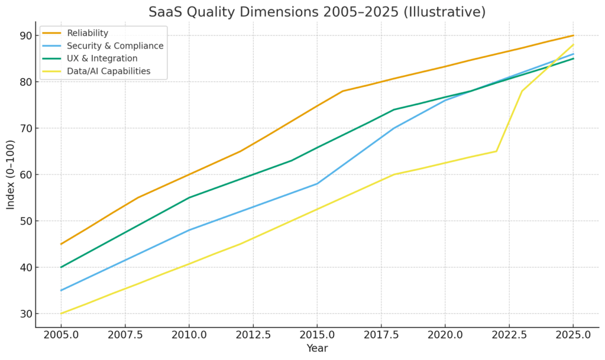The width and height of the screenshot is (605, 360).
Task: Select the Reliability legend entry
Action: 88,33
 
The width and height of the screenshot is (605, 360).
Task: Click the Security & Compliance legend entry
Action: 115,46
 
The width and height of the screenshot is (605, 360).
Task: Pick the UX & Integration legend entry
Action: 102,59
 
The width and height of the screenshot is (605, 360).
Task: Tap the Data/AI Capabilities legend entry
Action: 109,72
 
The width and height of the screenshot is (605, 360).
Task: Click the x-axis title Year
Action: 317,349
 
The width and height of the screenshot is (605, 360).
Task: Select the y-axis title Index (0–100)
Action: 11,175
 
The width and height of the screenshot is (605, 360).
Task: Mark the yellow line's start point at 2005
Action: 61,314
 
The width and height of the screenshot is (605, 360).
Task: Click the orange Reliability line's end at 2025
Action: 573,35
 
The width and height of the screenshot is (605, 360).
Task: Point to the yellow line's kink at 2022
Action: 496,151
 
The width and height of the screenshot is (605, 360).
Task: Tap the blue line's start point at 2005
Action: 61,290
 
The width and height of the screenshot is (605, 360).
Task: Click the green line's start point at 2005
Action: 61,267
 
